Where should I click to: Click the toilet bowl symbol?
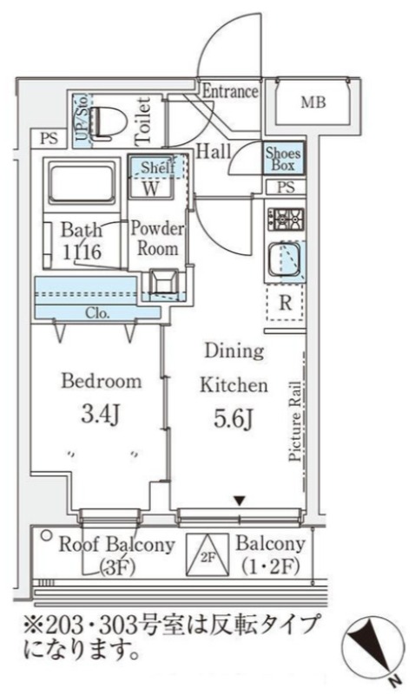105,121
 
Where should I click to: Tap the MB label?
313,102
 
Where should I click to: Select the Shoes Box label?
283,159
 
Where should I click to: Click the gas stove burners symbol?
286,219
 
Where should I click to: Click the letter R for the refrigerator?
286,303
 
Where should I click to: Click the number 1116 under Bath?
82,252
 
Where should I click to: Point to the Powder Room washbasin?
163,281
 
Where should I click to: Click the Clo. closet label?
97,313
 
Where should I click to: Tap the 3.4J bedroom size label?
100,415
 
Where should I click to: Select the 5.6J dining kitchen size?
234,419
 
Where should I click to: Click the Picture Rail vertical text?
295,422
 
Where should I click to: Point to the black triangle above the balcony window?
240,501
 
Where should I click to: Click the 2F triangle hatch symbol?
207,555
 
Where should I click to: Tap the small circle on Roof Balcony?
46,535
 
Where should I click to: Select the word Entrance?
230,92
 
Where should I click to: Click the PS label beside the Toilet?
49,139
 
